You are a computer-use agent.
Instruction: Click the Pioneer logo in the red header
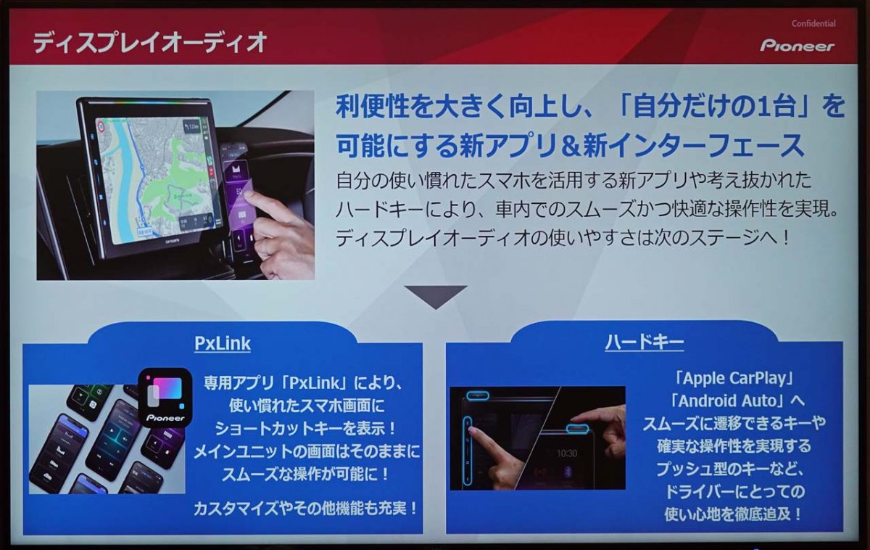(797, 46)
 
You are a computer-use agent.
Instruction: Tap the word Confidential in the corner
(813, 23)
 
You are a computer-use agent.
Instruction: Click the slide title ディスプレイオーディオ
(150, 42)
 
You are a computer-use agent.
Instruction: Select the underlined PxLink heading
(223, 343)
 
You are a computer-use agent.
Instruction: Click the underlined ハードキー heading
(645, 342)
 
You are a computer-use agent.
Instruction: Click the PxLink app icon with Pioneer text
(165, 397)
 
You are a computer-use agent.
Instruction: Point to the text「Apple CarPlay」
(734, 378)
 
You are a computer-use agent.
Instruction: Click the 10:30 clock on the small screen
(567, 453)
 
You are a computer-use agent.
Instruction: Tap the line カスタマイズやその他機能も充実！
(306, 509)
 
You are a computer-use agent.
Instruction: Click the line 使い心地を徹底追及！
(733, 514)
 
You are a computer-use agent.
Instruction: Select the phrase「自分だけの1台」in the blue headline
(679, 106)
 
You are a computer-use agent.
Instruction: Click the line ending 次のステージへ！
(563, 237)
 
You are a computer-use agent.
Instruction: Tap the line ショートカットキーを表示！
(306, 429)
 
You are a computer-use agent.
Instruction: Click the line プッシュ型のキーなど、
(730, 469)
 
